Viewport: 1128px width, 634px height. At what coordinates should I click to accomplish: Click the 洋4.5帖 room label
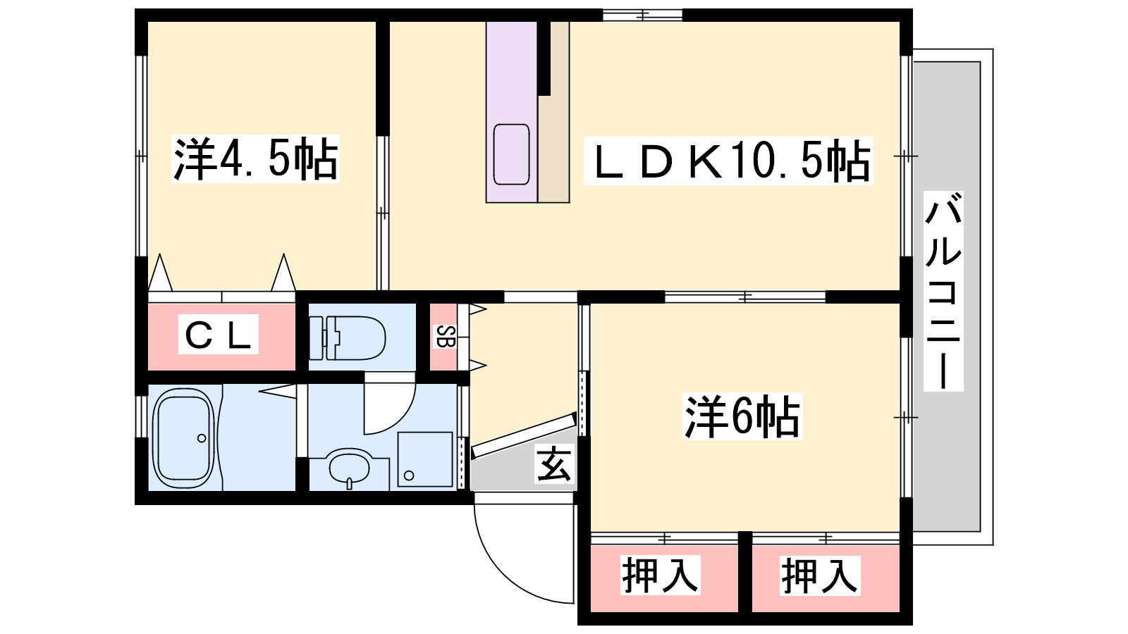click(x=255, y=158)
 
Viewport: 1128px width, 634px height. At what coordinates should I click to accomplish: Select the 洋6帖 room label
click(x=742, y=416)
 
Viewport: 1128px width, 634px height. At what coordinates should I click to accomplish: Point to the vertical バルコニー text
click(x=943, y=292)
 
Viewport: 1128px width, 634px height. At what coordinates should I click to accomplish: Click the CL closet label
click(x=218, y=335)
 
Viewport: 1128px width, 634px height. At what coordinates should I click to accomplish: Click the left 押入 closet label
click(x=660, y=575)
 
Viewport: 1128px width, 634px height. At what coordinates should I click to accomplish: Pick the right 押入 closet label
click(x=819, y=575)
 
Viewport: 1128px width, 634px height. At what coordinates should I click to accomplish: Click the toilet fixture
click(x=348, y=337)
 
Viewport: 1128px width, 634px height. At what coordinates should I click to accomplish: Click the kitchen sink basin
click(x=511, y=154)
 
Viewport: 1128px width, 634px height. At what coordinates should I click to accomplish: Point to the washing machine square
click(x=425, y=459)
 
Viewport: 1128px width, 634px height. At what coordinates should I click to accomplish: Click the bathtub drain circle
click(x=202, y=438)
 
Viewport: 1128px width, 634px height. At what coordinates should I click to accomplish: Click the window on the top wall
click(x=642, y=15)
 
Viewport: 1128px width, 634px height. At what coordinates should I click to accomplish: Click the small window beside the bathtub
click(x=141, y=416)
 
